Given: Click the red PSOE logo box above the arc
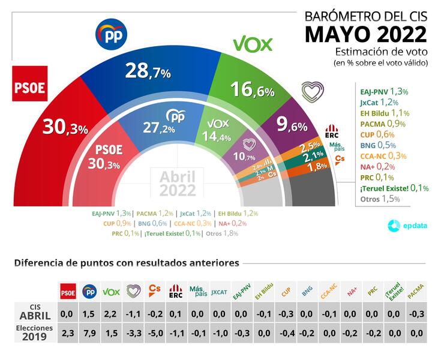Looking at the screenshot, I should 29,86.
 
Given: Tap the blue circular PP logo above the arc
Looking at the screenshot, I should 112,34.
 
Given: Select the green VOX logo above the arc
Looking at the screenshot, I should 253,43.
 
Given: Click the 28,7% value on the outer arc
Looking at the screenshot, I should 148,72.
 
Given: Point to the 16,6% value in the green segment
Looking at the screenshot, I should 252,91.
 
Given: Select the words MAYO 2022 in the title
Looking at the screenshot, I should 365,34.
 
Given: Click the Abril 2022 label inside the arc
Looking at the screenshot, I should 178,184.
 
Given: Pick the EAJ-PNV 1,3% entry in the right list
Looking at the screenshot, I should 384,92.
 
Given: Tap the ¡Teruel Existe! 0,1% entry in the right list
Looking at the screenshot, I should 394,188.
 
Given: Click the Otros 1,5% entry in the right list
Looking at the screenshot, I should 380,199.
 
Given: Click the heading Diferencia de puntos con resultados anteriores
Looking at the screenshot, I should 127,263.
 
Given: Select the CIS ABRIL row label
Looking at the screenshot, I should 35,311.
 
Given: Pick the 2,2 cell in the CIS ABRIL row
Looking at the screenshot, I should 111,313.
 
